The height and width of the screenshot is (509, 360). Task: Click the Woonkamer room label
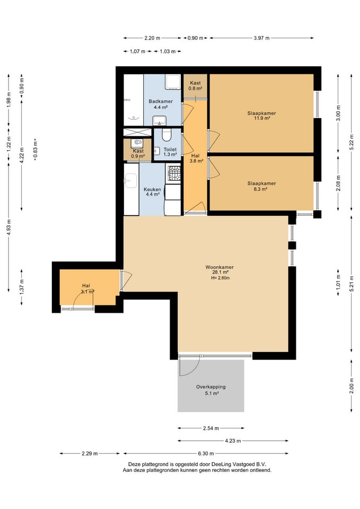[219, 267]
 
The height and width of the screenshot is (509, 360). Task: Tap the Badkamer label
[161, 101]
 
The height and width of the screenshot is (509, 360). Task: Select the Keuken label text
[152, 189]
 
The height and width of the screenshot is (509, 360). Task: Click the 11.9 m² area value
[261, 118]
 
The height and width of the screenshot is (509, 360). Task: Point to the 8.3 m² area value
[260, 189]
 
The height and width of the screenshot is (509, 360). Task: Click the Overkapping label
[210, 387]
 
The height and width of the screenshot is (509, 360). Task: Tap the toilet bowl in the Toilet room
[167, 135]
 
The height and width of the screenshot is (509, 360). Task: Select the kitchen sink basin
[131, 180]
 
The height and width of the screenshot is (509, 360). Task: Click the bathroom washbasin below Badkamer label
[160, 120]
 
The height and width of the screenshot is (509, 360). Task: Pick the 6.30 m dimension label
[206, 453]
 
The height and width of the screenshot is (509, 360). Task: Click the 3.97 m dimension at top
[261, 38]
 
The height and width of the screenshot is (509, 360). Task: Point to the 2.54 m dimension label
[210, 428]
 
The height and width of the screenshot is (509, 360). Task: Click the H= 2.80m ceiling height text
[221, 278]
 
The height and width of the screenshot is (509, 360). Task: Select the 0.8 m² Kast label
[196, 89]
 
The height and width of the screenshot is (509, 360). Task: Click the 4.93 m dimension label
[9, 226]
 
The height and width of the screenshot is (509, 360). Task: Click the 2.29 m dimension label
[90, 453]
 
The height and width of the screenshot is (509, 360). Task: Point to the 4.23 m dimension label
[233, 441]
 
